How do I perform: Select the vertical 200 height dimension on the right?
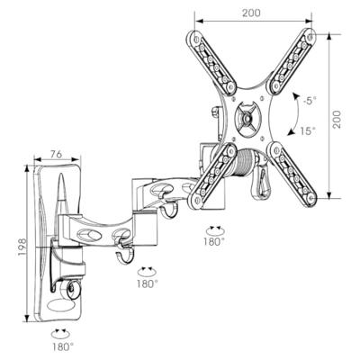337,118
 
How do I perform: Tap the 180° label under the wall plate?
61,345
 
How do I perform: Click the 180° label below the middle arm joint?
147,283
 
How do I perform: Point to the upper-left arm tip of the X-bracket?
192,39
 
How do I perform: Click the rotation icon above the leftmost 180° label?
61,330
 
